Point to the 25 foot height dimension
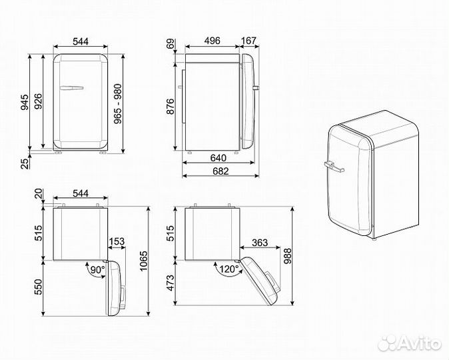coord(25,163)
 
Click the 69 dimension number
coord(170,45)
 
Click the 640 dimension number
coord(217,159)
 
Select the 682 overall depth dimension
coord(217,172)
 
